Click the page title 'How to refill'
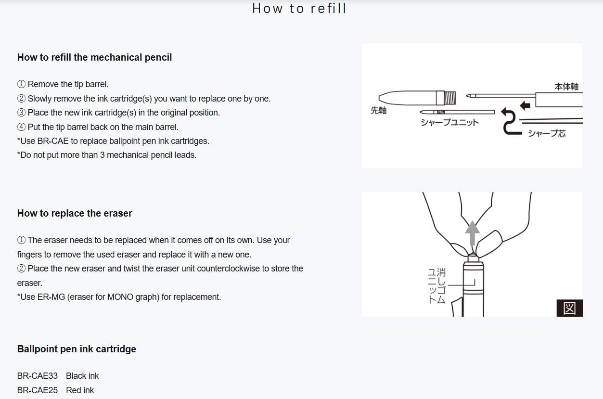[x=299, y=8]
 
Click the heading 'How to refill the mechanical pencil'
[x=94, y=57]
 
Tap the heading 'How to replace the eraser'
[x=75, y=213]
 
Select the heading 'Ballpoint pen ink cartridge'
[x=77, y=349]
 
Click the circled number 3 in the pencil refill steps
[x=21, y=113]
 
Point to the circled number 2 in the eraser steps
[x=21, y=269]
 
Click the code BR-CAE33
[x=38, y=376]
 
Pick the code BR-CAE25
[x=38, y=390]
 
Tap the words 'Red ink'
[x=80, y=390]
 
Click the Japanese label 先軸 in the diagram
[x=378, y=110]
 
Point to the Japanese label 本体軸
[x=566, y=87]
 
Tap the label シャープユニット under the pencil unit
[x=450, y=123]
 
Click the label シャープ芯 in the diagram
[x=547, y=133]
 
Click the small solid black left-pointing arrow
[x=525, y=105]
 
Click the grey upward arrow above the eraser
[x=472, y=233]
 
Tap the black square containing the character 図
[x=570, y=308]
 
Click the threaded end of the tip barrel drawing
[x=450, y=98]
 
